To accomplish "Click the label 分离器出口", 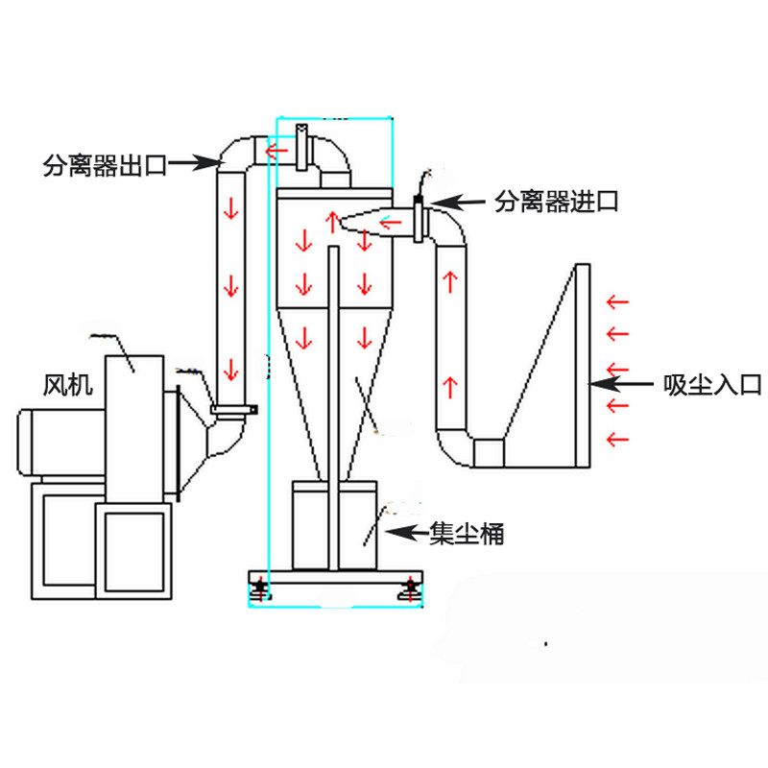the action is pos(105,165).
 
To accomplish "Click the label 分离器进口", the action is pos(557,202).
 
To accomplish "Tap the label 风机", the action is pos(67,385).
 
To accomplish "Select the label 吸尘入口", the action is pos(712,385).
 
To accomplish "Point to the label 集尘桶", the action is pos(467,534).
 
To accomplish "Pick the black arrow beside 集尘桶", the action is pos(407,532).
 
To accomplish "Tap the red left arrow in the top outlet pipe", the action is pos(276,150).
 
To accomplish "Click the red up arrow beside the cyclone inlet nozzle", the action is pos(333,222).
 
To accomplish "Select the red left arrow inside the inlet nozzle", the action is pos(391,224).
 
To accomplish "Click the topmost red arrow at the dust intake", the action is pos(617,301).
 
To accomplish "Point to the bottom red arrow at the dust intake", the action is pos(617,439).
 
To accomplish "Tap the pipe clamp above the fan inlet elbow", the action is pos(234,410).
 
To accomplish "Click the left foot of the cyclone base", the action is pos(260,589).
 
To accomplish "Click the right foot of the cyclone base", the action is pos(411,589).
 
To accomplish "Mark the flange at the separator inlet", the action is pos(420,219).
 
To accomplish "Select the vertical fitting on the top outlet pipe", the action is pos(302,148).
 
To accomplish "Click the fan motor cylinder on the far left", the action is pos(61,443).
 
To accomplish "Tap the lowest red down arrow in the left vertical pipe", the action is pos(231,370).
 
